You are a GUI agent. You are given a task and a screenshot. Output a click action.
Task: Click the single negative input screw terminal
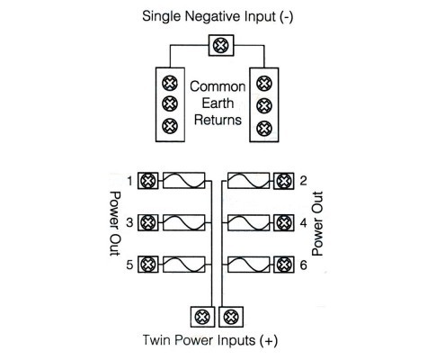(221, 45)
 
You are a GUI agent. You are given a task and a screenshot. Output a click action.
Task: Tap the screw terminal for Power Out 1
(147, 181)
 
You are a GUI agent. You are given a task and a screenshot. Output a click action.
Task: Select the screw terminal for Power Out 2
(284, 181)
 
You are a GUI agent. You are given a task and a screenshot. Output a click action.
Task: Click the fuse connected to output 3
(184, 222)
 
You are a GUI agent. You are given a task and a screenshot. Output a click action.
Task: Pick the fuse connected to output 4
(248, 222)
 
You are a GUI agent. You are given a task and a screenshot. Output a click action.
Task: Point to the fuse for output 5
(184, 265)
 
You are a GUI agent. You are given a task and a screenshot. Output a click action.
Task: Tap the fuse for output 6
(248, 265)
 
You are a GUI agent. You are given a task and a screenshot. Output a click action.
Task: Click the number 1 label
(129, 181)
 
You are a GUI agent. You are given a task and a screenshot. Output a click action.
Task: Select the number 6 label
(303, 265)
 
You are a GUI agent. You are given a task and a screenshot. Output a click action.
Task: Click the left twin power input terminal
(202, 317)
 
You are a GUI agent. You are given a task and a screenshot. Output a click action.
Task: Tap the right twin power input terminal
(231, 317)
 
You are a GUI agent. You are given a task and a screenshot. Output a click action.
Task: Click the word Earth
(218, 103)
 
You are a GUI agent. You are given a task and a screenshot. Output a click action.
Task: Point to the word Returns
(218, 120)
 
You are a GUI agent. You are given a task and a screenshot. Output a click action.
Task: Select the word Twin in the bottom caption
(156, 340)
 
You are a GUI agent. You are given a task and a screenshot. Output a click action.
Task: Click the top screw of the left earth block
(170, 83)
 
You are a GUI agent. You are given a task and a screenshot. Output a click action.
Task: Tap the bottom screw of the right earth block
(264, 129)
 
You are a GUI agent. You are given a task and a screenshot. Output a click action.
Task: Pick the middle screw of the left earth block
(170, 103)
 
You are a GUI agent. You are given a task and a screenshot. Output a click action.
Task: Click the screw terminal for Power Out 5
(147, 265)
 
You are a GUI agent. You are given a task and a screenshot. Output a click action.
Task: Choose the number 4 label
(303, 223)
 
